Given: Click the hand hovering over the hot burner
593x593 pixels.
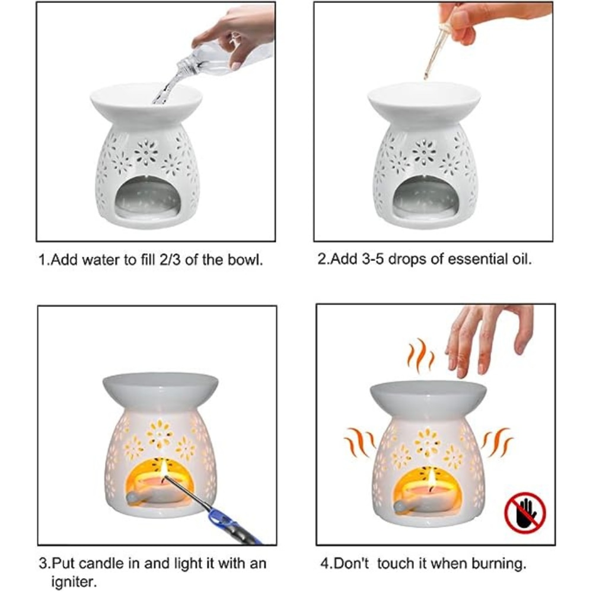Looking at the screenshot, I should pos(487,338).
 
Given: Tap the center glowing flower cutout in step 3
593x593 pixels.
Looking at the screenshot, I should pos(160,434).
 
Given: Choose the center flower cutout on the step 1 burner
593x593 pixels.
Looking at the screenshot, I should pos(146,152).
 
